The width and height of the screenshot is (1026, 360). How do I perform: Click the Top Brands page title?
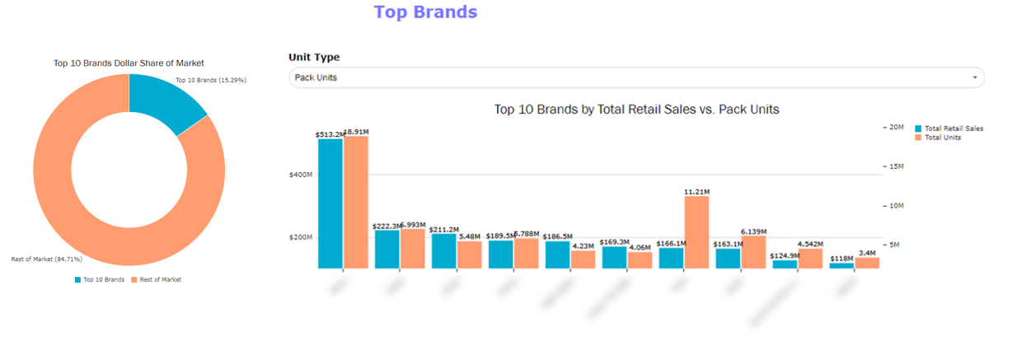pos(425,12)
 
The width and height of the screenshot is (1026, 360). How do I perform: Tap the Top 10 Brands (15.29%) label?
pos(211,80)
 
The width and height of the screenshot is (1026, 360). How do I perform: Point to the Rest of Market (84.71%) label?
pos(46,259)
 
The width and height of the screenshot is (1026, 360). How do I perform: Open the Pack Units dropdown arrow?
pos(975,77)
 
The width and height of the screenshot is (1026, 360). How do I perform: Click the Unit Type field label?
pos(314,58)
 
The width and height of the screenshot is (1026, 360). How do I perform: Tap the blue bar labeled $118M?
pos(841,265)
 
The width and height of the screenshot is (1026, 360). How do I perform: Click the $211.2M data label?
pos(445,230)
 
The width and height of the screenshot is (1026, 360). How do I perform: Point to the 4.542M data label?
pos(811,244)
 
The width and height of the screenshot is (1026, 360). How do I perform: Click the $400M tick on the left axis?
pos(300,175)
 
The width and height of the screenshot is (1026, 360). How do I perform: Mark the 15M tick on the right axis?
pos(894,166)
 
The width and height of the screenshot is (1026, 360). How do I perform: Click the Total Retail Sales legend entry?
pos(953,129)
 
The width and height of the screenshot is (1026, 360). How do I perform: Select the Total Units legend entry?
pos(942,138)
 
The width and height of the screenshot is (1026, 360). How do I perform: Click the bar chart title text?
pos(636,109)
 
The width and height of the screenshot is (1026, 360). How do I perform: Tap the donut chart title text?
pos(129,63)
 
